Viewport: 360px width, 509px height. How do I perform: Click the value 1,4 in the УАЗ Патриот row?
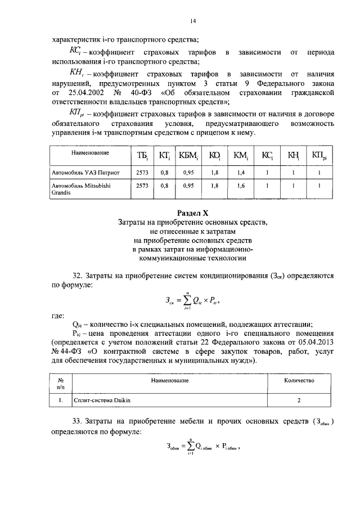click(x=241, y=173)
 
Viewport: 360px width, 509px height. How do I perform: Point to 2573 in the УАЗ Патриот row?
click(x=142, y=173)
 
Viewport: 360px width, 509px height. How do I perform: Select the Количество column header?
click(x=299, y=381)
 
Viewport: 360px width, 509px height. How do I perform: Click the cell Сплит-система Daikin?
click(x=98, y=400)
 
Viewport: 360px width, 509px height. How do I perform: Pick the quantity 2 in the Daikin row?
click(x=299, y=400)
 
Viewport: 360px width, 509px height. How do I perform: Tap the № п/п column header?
click(x=60, y=384)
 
